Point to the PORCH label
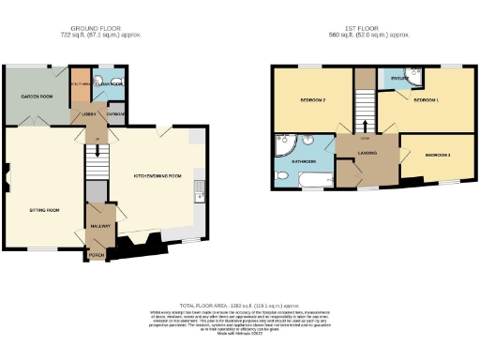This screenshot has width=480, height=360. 96,253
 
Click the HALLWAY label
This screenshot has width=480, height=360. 100,226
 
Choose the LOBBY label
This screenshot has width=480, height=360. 89,114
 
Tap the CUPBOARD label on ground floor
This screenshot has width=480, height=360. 114,113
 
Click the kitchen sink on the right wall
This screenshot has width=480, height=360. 199,195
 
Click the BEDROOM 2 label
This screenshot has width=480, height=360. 312,99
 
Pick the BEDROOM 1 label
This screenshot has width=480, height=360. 425,99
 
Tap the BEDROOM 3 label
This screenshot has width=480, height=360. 437,155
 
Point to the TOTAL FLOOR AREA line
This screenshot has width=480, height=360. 240,306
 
